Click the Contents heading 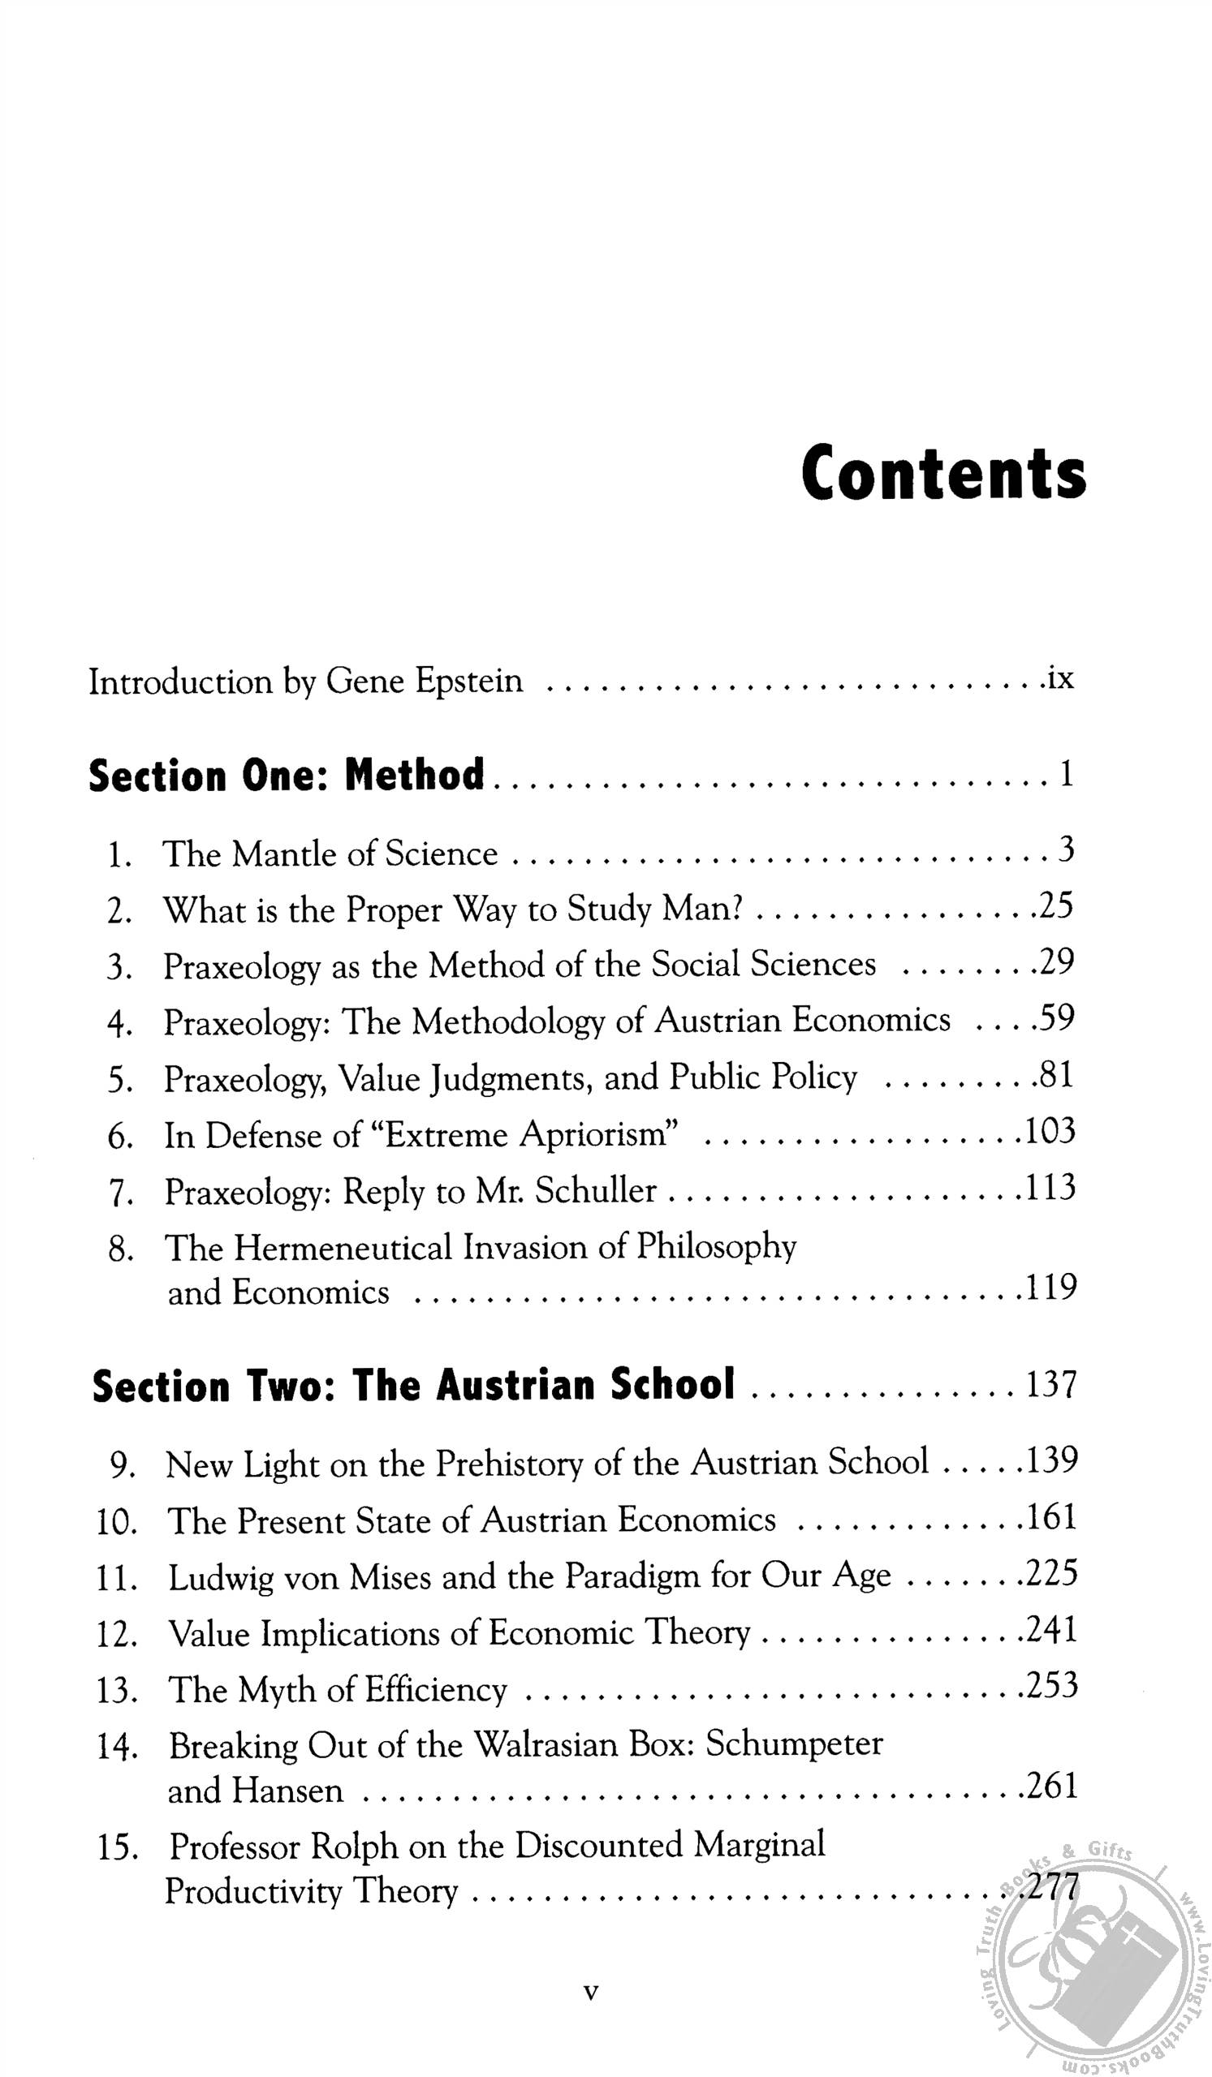coord(943,473)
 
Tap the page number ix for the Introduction coord(1059,678)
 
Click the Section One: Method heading coord(286,775)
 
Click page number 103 coord(1049,1132)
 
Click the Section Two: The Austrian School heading coord(413,1386)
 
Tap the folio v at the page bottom coord(589,1991)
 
